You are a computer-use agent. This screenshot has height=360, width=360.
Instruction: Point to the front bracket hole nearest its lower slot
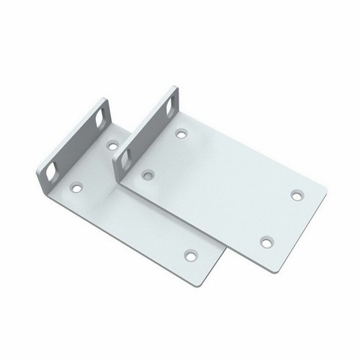pos(150,174)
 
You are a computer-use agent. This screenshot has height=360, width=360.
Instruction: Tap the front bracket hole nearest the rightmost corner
pos(296,194)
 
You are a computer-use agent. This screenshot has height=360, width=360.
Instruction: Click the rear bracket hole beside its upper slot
pos(112,145)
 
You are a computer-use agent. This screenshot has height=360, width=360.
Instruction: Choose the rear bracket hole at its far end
pos(191,254)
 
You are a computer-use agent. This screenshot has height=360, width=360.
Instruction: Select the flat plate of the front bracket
pos(223,187)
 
